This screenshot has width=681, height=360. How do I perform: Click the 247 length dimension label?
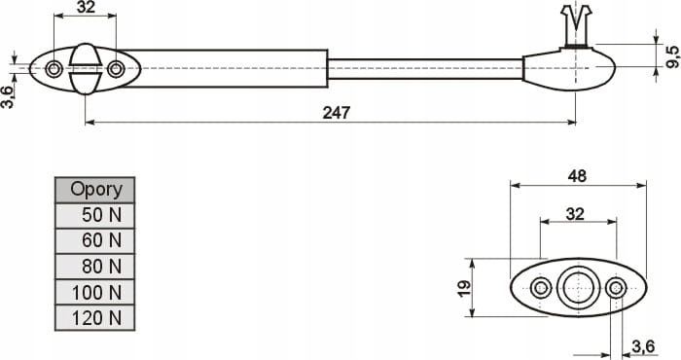[337, 113]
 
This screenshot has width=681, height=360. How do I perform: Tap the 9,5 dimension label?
[672, 56]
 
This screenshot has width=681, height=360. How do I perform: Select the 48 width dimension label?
[577, 176]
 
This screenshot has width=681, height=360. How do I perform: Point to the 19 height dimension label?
[464, 288]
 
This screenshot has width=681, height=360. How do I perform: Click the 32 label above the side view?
[86, 7]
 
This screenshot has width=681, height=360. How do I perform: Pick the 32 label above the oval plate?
[575, 214]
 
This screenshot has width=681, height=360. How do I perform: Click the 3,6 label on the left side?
[8, 97]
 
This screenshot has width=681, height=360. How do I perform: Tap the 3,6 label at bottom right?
[643, 346]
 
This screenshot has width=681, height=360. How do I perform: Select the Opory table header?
[95, 190]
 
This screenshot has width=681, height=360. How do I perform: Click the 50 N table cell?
[95, 215]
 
